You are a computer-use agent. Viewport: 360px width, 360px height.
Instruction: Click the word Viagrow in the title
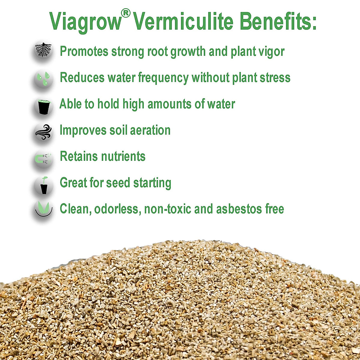pyautogui.click(x=85, y=22)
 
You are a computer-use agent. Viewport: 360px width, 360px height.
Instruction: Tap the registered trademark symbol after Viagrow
pyautogui.click(x=126, y=13)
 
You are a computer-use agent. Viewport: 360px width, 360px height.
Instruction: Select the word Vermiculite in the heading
pyautogui.click(x=183, y=21)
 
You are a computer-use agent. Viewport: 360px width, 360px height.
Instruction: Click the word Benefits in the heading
pyautogui.click(x=276, y=21)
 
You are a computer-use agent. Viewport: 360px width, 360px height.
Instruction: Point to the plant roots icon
pyautogui.click(x=43, y=50)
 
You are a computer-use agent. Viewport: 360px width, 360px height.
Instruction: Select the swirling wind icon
pyautogui.click(x=43, y=132)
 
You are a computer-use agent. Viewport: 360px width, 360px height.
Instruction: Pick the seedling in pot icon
pyautogui.click(x=44, y=185)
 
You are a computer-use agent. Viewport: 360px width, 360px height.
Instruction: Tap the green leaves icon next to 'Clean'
pyautogui.click(x=44, y=208)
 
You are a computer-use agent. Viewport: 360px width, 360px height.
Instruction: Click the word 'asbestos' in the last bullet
pyautogui.click(x=239, y=209)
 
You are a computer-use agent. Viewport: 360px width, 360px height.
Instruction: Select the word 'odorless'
pyautogui.click(x=117, y=209)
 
